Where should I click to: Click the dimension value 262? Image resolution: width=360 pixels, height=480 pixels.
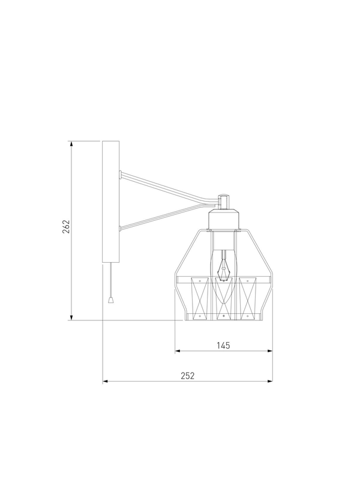tap(66, 227)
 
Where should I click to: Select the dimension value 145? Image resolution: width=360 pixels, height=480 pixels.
tap(223, 346)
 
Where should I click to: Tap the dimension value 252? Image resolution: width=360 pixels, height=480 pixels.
tap(187, 376)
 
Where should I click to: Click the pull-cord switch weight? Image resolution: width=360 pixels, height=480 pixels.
tap(110, 299)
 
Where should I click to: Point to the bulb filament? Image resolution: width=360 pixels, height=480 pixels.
tap(224, 267)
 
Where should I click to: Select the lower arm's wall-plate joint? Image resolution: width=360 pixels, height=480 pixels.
tap(121, 228)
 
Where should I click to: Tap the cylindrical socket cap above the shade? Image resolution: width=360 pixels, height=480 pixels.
tap(224, 219)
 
